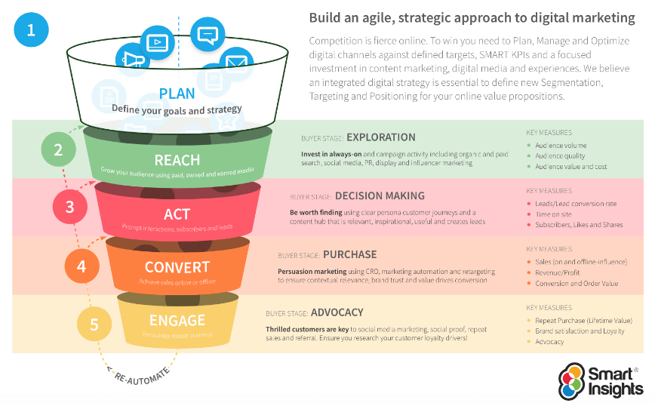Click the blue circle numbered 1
(31, 31)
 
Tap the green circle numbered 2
(58, 149)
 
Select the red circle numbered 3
(70, 206)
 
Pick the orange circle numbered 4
(81, 266)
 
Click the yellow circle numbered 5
(94, 325)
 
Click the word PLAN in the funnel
(177, 94)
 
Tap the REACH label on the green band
(177, 160)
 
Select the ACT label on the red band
(177, 214)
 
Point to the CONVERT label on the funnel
(177, 267)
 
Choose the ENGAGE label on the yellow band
(177, 320)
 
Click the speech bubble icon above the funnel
(208, 34)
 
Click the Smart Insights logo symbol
(572, 380)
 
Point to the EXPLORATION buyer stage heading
(381, 137)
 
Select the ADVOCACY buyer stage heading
(337, 312)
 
